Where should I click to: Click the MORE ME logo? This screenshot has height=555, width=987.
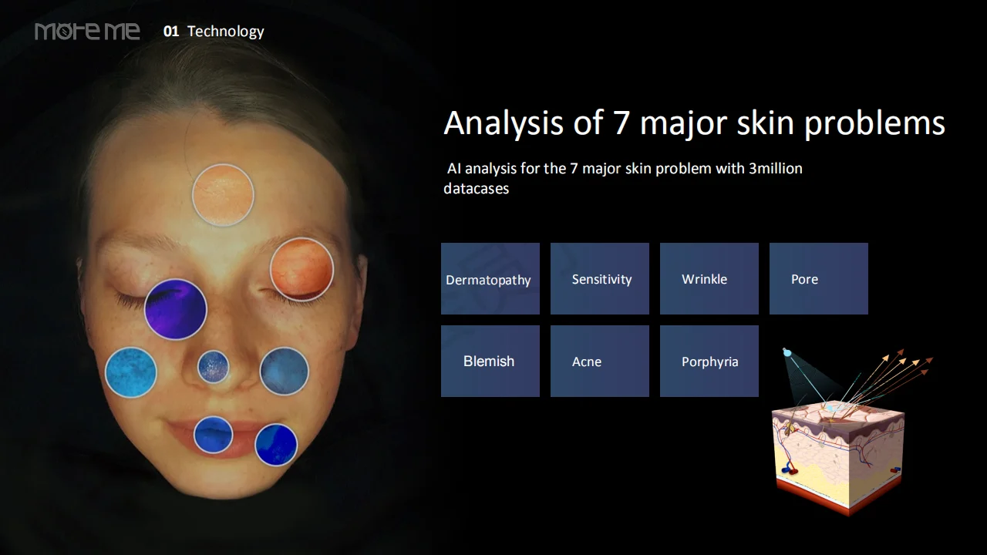(x=87, y=32)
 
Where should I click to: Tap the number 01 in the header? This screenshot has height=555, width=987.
(x=171, y=32)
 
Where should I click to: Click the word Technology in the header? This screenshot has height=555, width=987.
(x=226, y=32)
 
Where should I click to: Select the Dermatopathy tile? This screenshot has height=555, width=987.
(x=490, y=278)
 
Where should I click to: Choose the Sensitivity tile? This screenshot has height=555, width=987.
(x=600, y=278)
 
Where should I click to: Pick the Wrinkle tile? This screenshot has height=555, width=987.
(x=709, y=278)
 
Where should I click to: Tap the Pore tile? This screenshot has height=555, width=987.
(x=819, y=278)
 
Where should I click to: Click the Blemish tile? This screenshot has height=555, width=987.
(x=490, y=362)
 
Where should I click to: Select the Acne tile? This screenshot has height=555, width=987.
(x=600, y=362)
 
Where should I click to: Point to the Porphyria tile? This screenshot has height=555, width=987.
(x=709, y=362)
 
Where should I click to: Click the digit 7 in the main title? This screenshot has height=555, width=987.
(x=621, y=123)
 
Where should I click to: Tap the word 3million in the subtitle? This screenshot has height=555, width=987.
(x=776, y=168)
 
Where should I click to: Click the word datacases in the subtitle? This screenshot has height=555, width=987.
(x=477, y=189)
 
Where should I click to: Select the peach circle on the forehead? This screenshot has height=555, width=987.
(x=223, y=195)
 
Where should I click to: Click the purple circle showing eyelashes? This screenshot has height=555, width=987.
(x=175, y=309)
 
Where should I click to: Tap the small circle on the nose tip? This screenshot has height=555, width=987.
(x=214, y=366)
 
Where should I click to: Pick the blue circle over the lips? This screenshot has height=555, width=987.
(x=214, y=435)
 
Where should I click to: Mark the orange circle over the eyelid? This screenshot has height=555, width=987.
(x=301, y=269)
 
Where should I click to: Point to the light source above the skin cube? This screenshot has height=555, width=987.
(x=787, y=352)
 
